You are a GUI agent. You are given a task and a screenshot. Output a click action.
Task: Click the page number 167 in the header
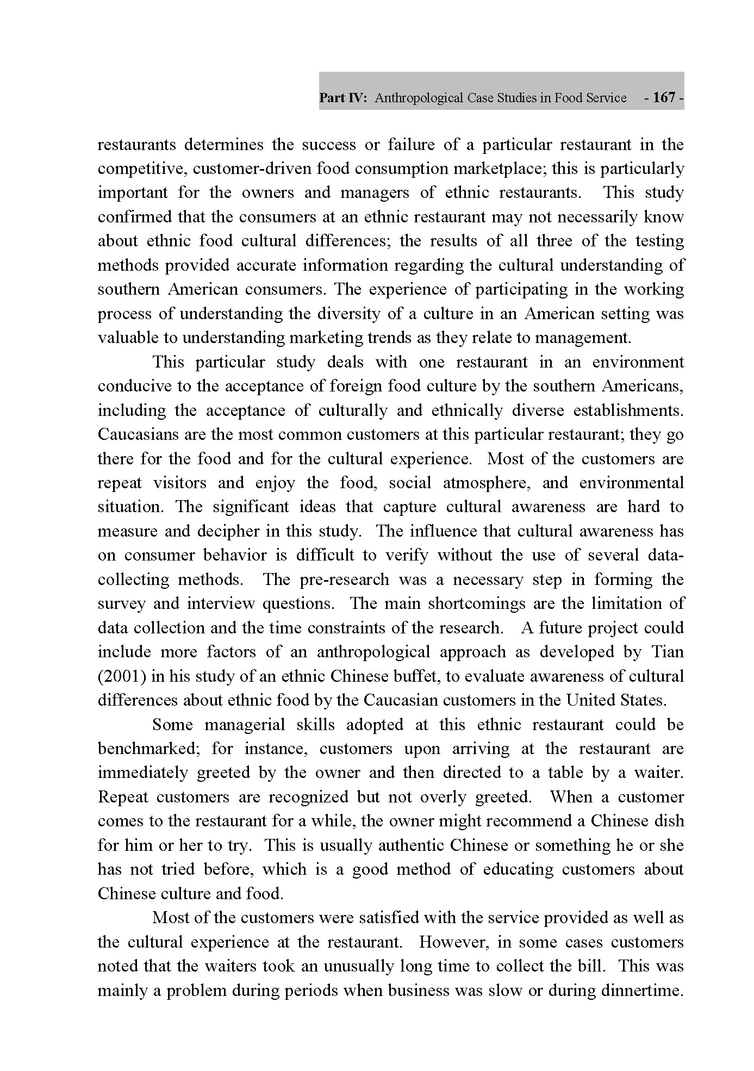click(x=664, y=98)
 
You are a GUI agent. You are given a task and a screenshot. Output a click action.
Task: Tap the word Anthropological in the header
click(x=416, y=98)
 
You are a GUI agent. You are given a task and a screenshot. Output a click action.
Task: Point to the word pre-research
click(x=344, y=579)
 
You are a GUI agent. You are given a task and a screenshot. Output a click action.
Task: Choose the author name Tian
click(x=668, y=651)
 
